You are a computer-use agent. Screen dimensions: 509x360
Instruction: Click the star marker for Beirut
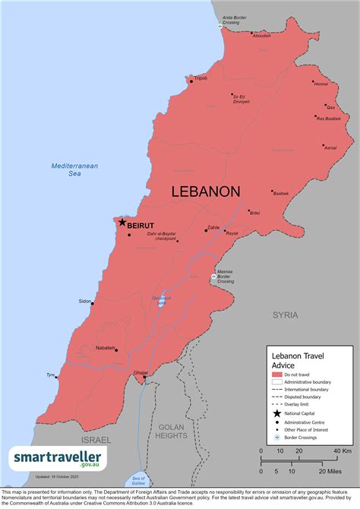point(121,223)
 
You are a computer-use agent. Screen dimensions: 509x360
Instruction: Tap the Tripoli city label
point(201,78)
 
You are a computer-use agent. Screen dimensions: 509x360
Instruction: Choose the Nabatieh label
point(106,348)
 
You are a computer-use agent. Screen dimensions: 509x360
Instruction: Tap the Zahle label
point(213,227)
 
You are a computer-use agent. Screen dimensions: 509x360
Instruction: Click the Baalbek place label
point(280,194)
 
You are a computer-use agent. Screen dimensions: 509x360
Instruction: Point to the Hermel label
point(321,84)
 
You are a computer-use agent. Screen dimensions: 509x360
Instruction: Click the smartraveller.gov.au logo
point(58,458)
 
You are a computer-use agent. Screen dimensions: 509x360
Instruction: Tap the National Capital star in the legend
point(276,412)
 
